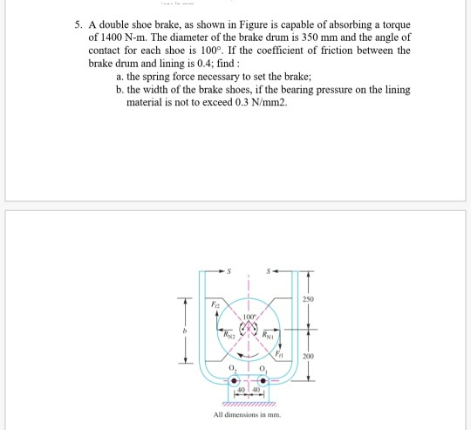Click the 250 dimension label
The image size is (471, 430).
(308, 300)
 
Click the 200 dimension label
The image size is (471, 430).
(308, 356)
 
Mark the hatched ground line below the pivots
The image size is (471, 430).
(249, 404)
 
